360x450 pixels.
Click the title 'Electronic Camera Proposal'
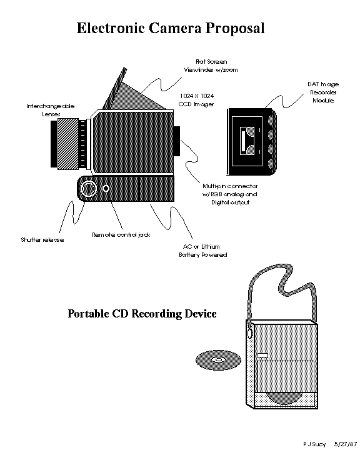pos(170,28)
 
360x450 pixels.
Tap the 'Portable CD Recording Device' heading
pos(142,314)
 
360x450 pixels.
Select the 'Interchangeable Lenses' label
pos(50,111)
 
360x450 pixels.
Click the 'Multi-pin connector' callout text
pos(229,194)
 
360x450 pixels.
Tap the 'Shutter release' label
pos(42,239)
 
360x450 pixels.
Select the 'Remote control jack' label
pos(121,235)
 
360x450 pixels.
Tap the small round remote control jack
pos(107,188)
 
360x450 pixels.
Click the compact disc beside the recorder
pos(217,361)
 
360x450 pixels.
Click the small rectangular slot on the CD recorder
pos(262,355)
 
